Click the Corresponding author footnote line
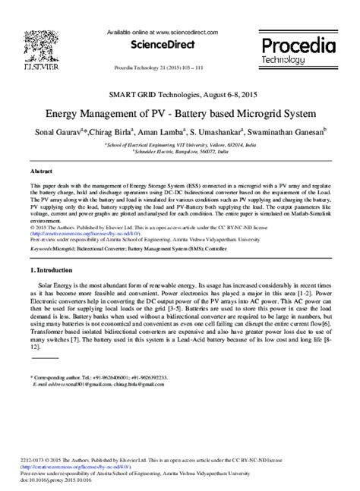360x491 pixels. [x=99, y=376]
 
